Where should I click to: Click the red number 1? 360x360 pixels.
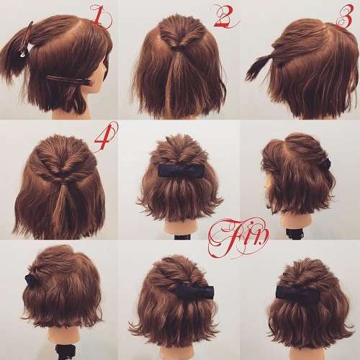tap(100, 17)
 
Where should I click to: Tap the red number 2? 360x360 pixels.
tap(225, 17)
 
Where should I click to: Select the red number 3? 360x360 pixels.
tap(345, 17)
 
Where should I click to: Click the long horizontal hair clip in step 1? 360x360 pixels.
tap(69, 80)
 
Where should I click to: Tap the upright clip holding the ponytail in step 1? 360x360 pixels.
tap(26, 41)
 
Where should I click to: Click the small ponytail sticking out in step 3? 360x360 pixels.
tap(258, 66)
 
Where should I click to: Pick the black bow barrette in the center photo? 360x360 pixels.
tap(180, 171)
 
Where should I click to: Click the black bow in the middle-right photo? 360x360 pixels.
tap(326, 163)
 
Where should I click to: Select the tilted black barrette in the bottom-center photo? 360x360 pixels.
tap(195, 292)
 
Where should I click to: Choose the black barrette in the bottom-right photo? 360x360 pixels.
tap(297, 294)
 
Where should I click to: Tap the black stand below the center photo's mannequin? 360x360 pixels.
tap(183, 238)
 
